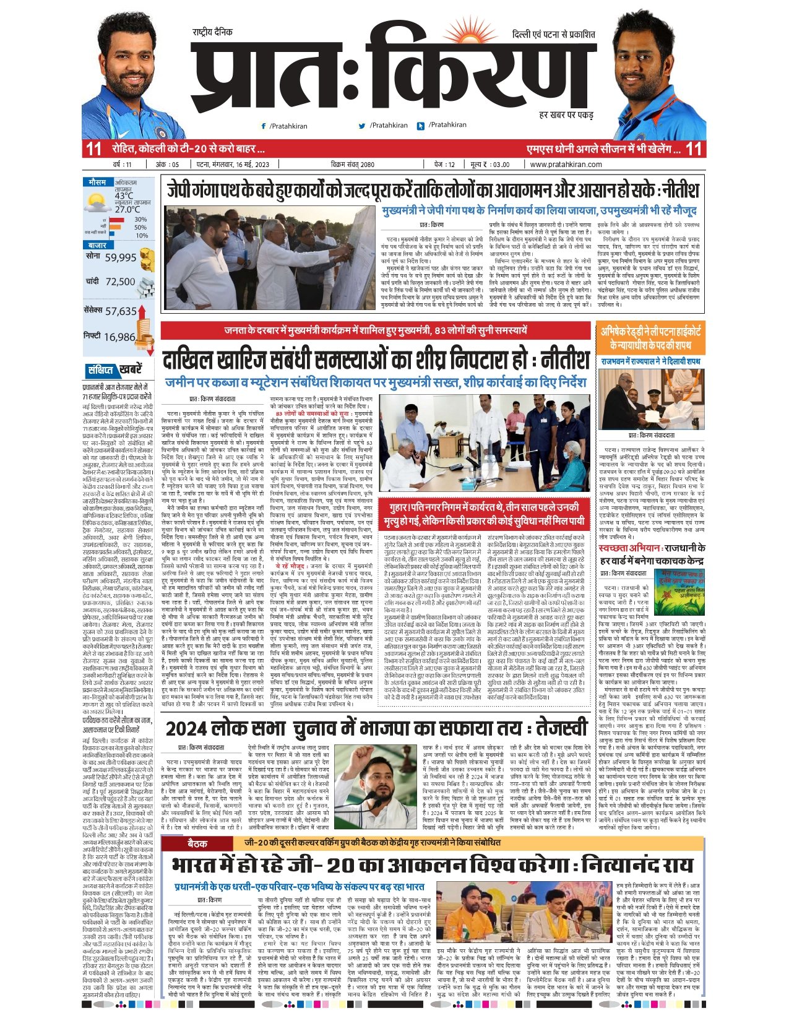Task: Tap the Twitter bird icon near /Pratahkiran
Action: (362, 126)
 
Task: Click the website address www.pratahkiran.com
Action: (566, 165)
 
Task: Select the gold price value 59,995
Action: (120, 257)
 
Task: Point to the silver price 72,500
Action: (120, 282)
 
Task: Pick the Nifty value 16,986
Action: (119, 337)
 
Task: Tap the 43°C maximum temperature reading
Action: (124, 196)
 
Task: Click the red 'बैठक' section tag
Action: (197, 843)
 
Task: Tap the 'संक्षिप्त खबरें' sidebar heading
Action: (114, 370)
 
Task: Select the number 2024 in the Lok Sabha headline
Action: (187, 728)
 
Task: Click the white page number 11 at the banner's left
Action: (93, 149)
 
